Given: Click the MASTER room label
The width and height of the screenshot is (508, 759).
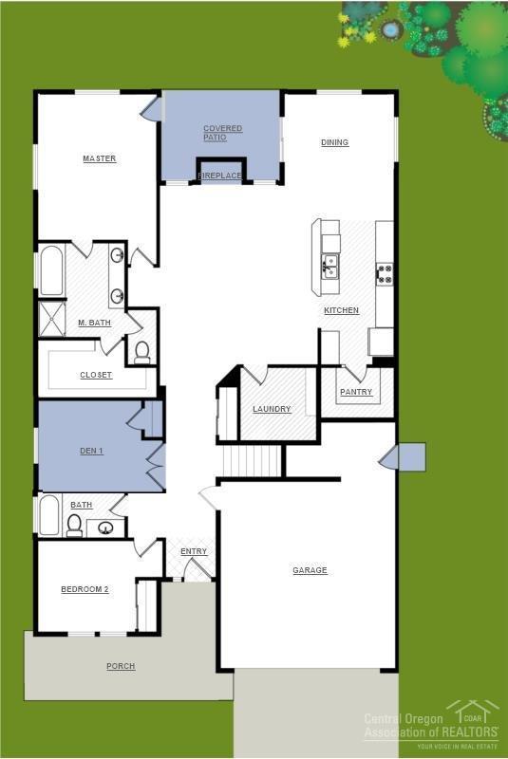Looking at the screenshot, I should click(99, 158).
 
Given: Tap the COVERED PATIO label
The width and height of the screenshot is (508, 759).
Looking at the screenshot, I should click(222, 133).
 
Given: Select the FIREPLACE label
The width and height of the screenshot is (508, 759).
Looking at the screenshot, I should click(220, 176).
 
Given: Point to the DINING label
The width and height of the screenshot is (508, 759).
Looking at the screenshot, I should click(334, 142).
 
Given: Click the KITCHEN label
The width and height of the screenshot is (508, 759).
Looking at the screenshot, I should click(341, 310).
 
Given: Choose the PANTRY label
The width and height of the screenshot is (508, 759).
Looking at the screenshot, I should click(356, 391).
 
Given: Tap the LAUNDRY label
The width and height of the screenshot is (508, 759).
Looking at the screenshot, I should click(272, 409).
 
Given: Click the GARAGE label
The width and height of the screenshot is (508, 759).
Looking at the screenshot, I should click(310, 570).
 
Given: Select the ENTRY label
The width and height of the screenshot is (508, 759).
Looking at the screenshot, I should click(194, 551).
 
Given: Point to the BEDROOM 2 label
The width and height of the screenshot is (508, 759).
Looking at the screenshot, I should click(85, 589).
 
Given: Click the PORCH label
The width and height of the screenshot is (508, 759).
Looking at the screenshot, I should click(121, 666).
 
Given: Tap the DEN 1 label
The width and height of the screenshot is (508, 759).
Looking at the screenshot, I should click(92, 450).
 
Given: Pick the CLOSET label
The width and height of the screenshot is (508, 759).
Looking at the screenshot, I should click(96, 375).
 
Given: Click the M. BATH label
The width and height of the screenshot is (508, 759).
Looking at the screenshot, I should click(94, 323).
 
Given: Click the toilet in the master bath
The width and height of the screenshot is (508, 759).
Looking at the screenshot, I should click(142, 352).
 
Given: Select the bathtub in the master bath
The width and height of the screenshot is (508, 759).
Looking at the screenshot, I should click(51, 270).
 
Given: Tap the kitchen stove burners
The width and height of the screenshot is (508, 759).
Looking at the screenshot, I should click(385, 274).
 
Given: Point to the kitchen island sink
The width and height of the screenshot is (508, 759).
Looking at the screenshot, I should click(329, 266).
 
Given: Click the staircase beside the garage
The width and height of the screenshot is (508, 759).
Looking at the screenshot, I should click(254, 461).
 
